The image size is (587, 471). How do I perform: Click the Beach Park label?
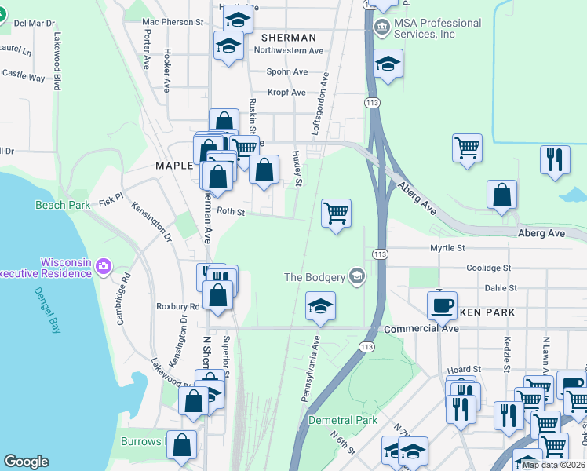(x=63, y=205)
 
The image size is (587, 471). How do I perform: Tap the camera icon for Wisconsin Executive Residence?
(x=103, y=268)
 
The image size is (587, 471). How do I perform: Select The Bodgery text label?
(x=314, y=276)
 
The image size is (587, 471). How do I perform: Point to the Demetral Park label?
(x=343, y=420)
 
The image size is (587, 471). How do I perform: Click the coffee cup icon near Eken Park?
(x=443, y=305)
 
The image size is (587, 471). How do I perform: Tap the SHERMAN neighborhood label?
(x=288, y=38)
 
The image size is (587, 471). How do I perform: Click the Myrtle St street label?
(x=448, y=248)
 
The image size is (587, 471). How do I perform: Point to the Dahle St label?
(x=501, y=288)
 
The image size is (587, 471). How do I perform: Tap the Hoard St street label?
(x=464, y=369)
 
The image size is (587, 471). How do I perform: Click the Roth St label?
(x=231, y=211)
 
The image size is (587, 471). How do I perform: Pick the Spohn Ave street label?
(x=286, y=71)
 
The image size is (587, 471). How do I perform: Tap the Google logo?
(x=26, y=462)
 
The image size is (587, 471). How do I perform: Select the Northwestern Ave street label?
(x=289, y=50)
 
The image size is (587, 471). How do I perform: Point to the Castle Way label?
(x=24, y=76)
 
